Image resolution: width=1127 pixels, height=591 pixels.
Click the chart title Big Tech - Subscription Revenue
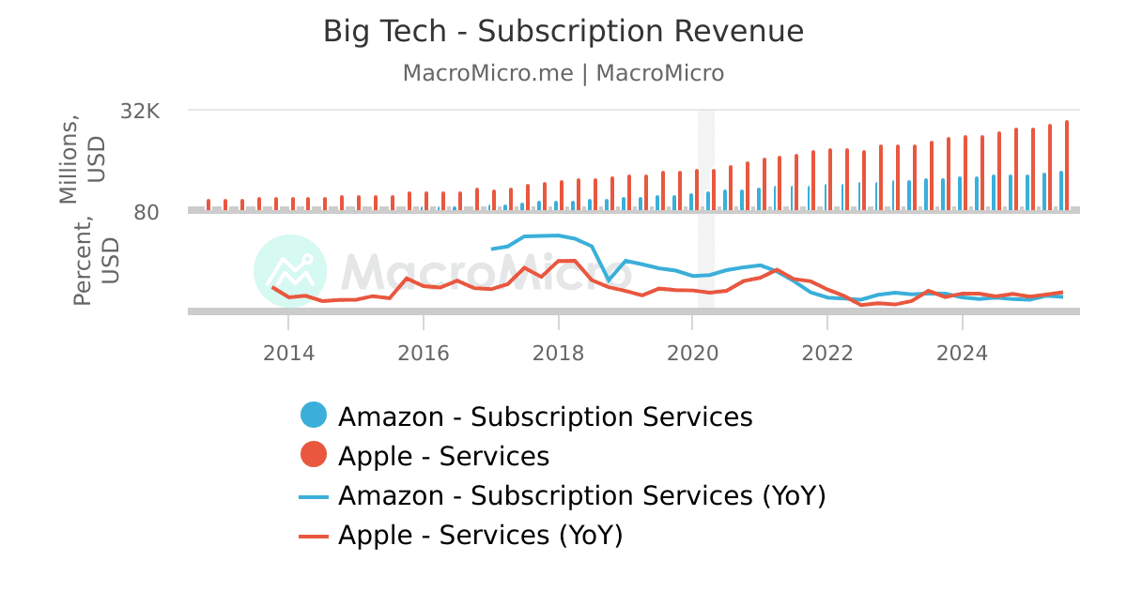click(x=563, y=31)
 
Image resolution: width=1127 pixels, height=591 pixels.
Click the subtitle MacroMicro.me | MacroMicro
click(x=563, y=73)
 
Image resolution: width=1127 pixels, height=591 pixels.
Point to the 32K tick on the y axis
click(x=141, y=111)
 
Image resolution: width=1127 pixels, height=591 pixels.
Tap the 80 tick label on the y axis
click(x=147, y=212)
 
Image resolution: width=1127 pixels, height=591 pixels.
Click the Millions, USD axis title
click(x=82, y=159)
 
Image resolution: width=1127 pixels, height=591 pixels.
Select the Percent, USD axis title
click(x=96, y=260)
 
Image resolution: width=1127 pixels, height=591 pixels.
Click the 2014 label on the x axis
click(x=288, y=354)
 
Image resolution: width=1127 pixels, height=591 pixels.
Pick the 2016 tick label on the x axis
click(x=423, y=354)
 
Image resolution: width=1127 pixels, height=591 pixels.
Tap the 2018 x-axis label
click(x=558, y=354)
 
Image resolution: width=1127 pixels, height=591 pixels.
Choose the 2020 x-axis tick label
click(x=692, y=354)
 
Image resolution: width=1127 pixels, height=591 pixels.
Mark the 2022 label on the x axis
click(x=827, y=354)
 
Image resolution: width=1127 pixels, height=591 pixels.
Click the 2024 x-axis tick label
click(x=962, y=354)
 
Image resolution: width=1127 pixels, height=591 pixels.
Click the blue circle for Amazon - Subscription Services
click(x=314, y=416)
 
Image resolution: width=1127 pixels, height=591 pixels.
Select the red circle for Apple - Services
click(x=314, y=456)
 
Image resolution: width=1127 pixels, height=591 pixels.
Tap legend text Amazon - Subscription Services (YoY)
click(x=581, y=495)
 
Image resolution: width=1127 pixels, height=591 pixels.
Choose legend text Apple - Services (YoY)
click(x=480, y=535)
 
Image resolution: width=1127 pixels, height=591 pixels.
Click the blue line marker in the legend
click(x=314, y=496)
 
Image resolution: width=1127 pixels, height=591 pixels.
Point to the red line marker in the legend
click(x=314, y=536)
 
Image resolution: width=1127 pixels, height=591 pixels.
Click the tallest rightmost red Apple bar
click(x=1067, y=164)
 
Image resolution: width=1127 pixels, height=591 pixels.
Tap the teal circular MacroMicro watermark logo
click(x=290, y=271)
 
